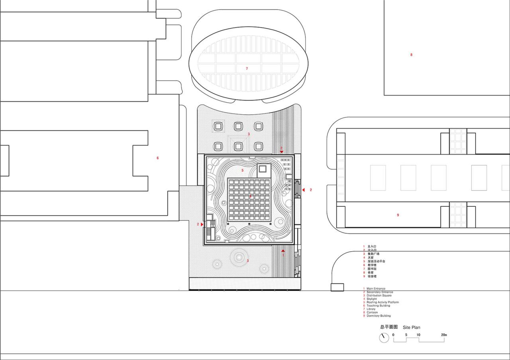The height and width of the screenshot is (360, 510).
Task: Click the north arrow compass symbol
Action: point(384,338)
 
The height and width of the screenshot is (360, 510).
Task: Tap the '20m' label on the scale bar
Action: point(444,335)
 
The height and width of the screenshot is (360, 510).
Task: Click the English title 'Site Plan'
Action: point(411,327)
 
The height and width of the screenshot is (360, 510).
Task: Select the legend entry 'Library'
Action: point(371,309)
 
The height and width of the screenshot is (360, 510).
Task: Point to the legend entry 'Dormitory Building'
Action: point(379,316)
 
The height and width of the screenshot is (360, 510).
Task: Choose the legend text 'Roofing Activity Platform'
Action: point(382,302)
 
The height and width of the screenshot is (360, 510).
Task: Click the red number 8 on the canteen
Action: point(412,55)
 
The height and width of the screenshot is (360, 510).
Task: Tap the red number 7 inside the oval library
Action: point(247,68)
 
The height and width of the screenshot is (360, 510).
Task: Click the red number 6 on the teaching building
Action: point(158,158)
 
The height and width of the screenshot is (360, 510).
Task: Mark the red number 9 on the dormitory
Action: point(398,215)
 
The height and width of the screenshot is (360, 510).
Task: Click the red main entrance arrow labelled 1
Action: point(283,251)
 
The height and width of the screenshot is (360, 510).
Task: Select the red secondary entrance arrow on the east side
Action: point(303,190)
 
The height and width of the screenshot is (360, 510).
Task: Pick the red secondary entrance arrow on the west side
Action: point(202,225)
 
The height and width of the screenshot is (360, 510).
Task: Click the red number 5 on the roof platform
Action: point(242,170)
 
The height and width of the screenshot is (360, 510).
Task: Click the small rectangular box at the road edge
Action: point(337,287)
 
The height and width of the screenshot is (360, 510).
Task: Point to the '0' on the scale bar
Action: point(393,335)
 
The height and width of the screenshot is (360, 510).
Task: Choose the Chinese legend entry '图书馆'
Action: point(371,269)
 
